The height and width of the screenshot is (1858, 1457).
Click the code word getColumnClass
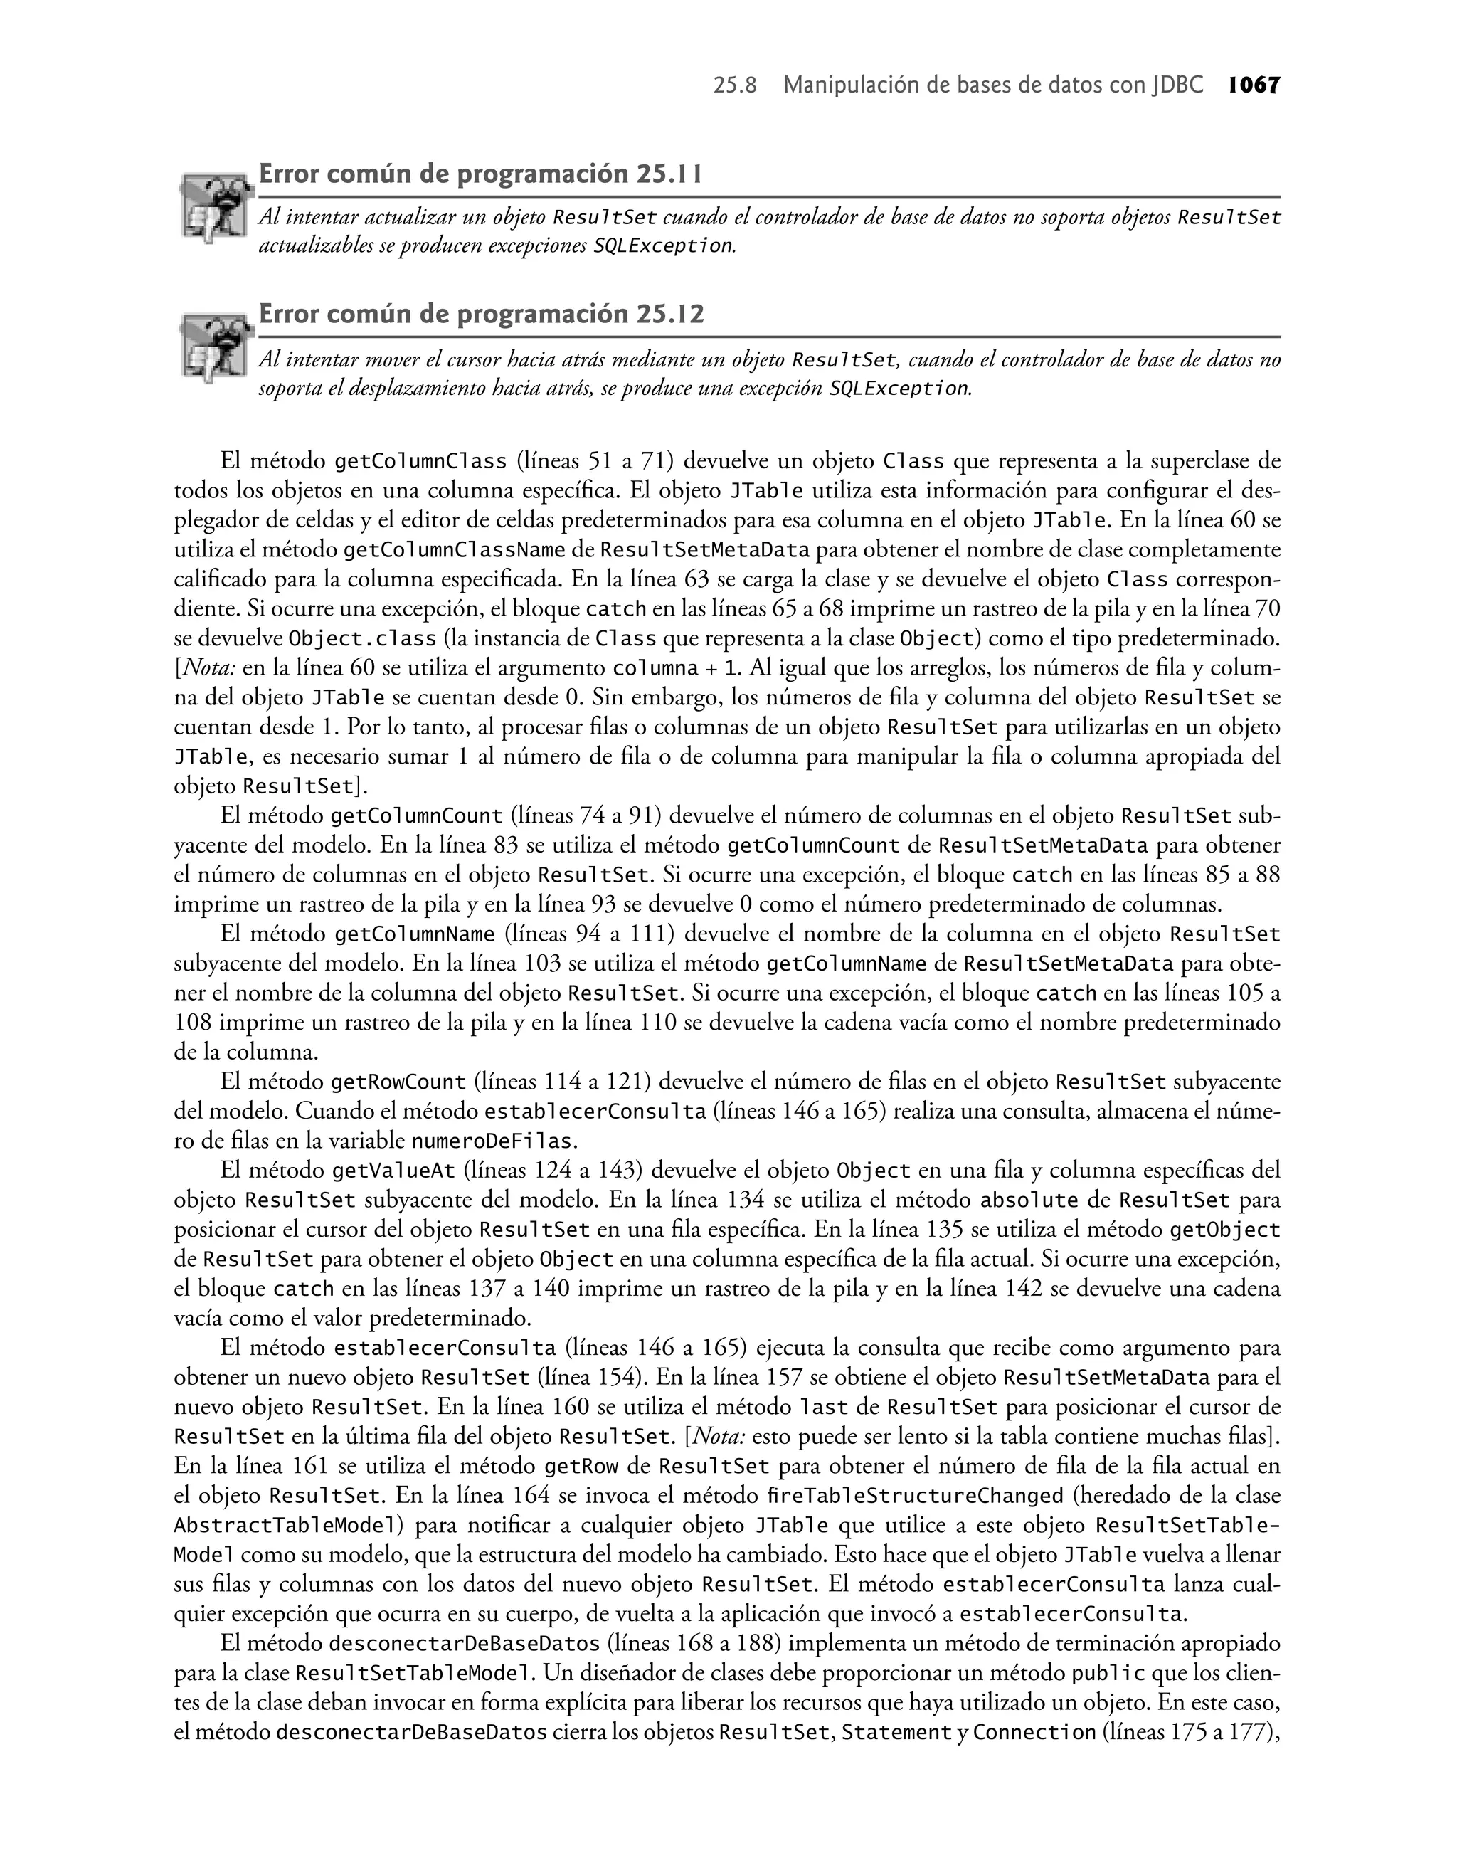[x=420, y=462]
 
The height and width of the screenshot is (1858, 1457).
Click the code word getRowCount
[x=398, y=1082]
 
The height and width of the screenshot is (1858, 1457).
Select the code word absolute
[x=1029, y=1200]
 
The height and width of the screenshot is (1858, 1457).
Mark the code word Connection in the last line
[x=1034, y=1732]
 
